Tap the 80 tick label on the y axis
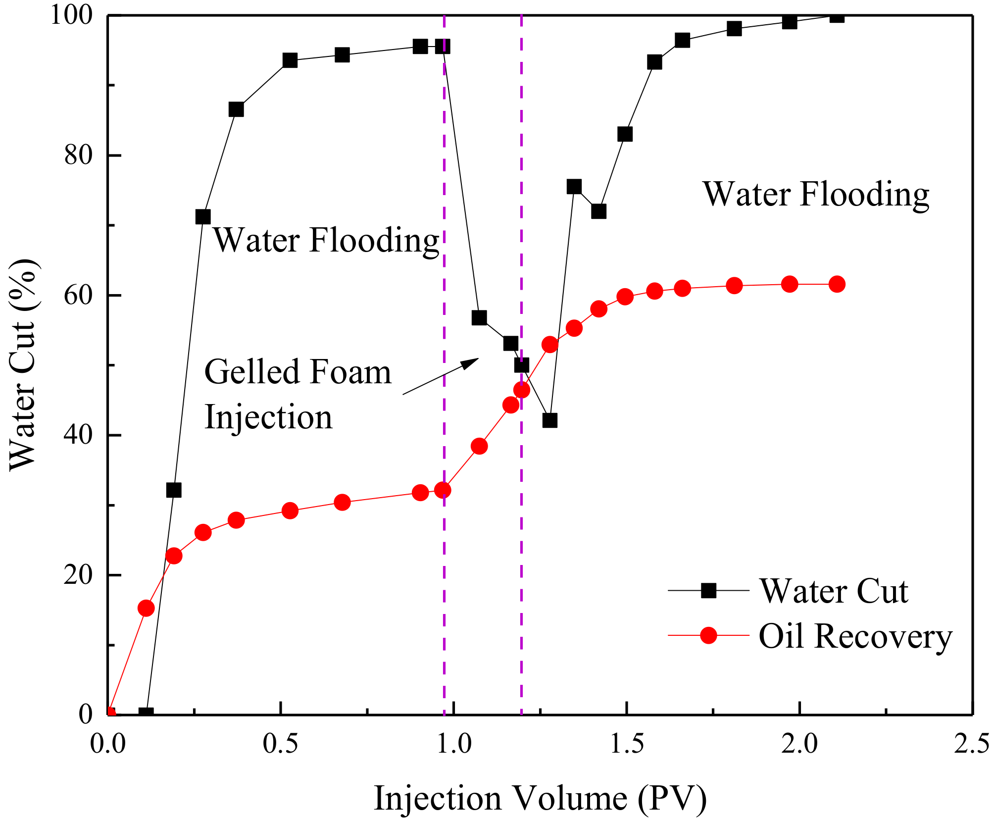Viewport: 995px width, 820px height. click(78, 156)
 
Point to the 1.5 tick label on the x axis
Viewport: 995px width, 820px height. click(627, 744)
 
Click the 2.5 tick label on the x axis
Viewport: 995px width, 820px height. click(972, 744)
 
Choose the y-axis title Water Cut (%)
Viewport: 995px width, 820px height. click(24, 364)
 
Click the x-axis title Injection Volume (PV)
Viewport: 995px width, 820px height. click(540, 798)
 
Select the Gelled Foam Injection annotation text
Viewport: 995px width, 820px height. click(297, 394)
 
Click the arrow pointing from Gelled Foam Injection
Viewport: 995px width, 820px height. click(441, 376)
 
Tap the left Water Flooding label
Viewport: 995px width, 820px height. click(326, 241)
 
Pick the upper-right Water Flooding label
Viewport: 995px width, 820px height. click(816, 194)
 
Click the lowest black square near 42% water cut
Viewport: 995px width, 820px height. click(549, 420)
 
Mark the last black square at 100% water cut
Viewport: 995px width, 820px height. click(837, 16)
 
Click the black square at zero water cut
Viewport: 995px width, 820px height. click(146, 714)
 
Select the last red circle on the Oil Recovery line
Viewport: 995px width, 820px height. click(837, 284)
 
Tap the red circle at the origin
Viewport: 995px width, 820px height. click(110, 714)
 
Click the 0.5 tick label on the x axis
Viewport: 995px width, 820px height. click(281, 744)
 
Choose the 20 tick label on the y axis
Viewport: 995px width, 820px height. click(78, 575)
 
